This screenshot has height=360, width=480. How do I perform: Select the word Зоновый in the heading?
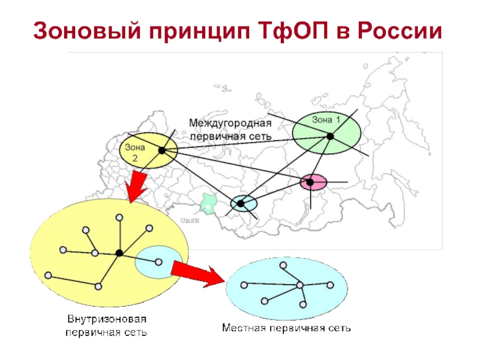(x=83, y=31)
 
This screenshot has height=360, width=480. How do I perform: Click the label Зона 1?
(x=326, y=120)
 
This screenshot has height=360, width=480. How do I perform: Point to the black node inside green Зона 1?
(x=329, y=137)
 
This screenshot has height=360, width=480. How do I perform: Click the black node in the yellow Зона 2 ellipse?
(x=161, y=151)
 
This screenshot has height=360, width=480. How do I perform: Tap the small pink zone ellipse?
(x=314, y=182)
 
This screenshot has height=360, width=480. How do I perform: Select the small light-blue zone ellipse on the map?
(x=243, y=203)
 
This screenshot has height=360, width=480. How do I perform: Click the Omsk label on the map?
(x=190, y=220)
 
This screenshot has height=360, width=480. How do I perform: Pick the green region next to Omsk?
(x=208, y=203)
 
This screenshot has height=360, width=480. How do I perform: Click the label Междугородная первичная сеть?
(x=230, y=130)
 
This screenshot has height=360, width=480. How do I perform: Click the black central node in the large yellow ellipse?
(x=119, y=253)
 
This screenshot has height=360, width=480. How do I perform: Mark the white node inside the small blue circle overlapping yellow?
(x=158, y=262)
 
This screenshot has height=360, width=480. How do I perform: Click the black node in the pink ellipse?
(x=311, y=182)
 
